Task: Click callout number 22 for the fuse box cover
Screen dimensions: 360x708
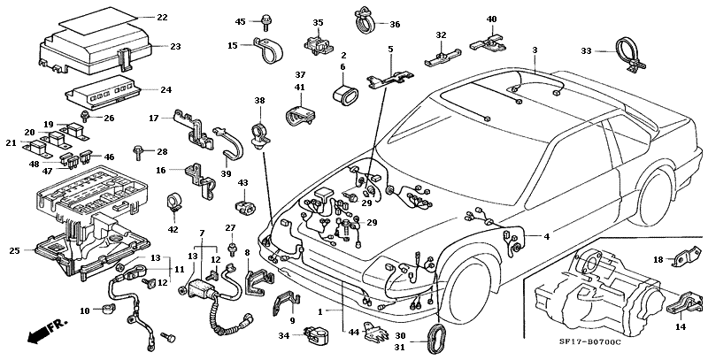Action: coord(161,18)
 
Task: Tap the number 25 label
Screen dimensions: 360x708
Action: coord(13,251)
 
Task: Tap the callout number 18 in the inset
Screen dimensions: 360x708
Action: coord(658,259)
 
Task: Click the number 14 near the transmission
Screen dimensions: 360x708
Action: coord(680,327)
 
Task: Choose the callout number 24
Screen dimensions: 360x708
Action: coord(166,89)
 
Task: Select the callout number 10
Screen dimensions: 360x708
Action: coord(86,310)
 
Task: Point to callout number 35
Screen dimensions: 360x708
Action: coord(318,22)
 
